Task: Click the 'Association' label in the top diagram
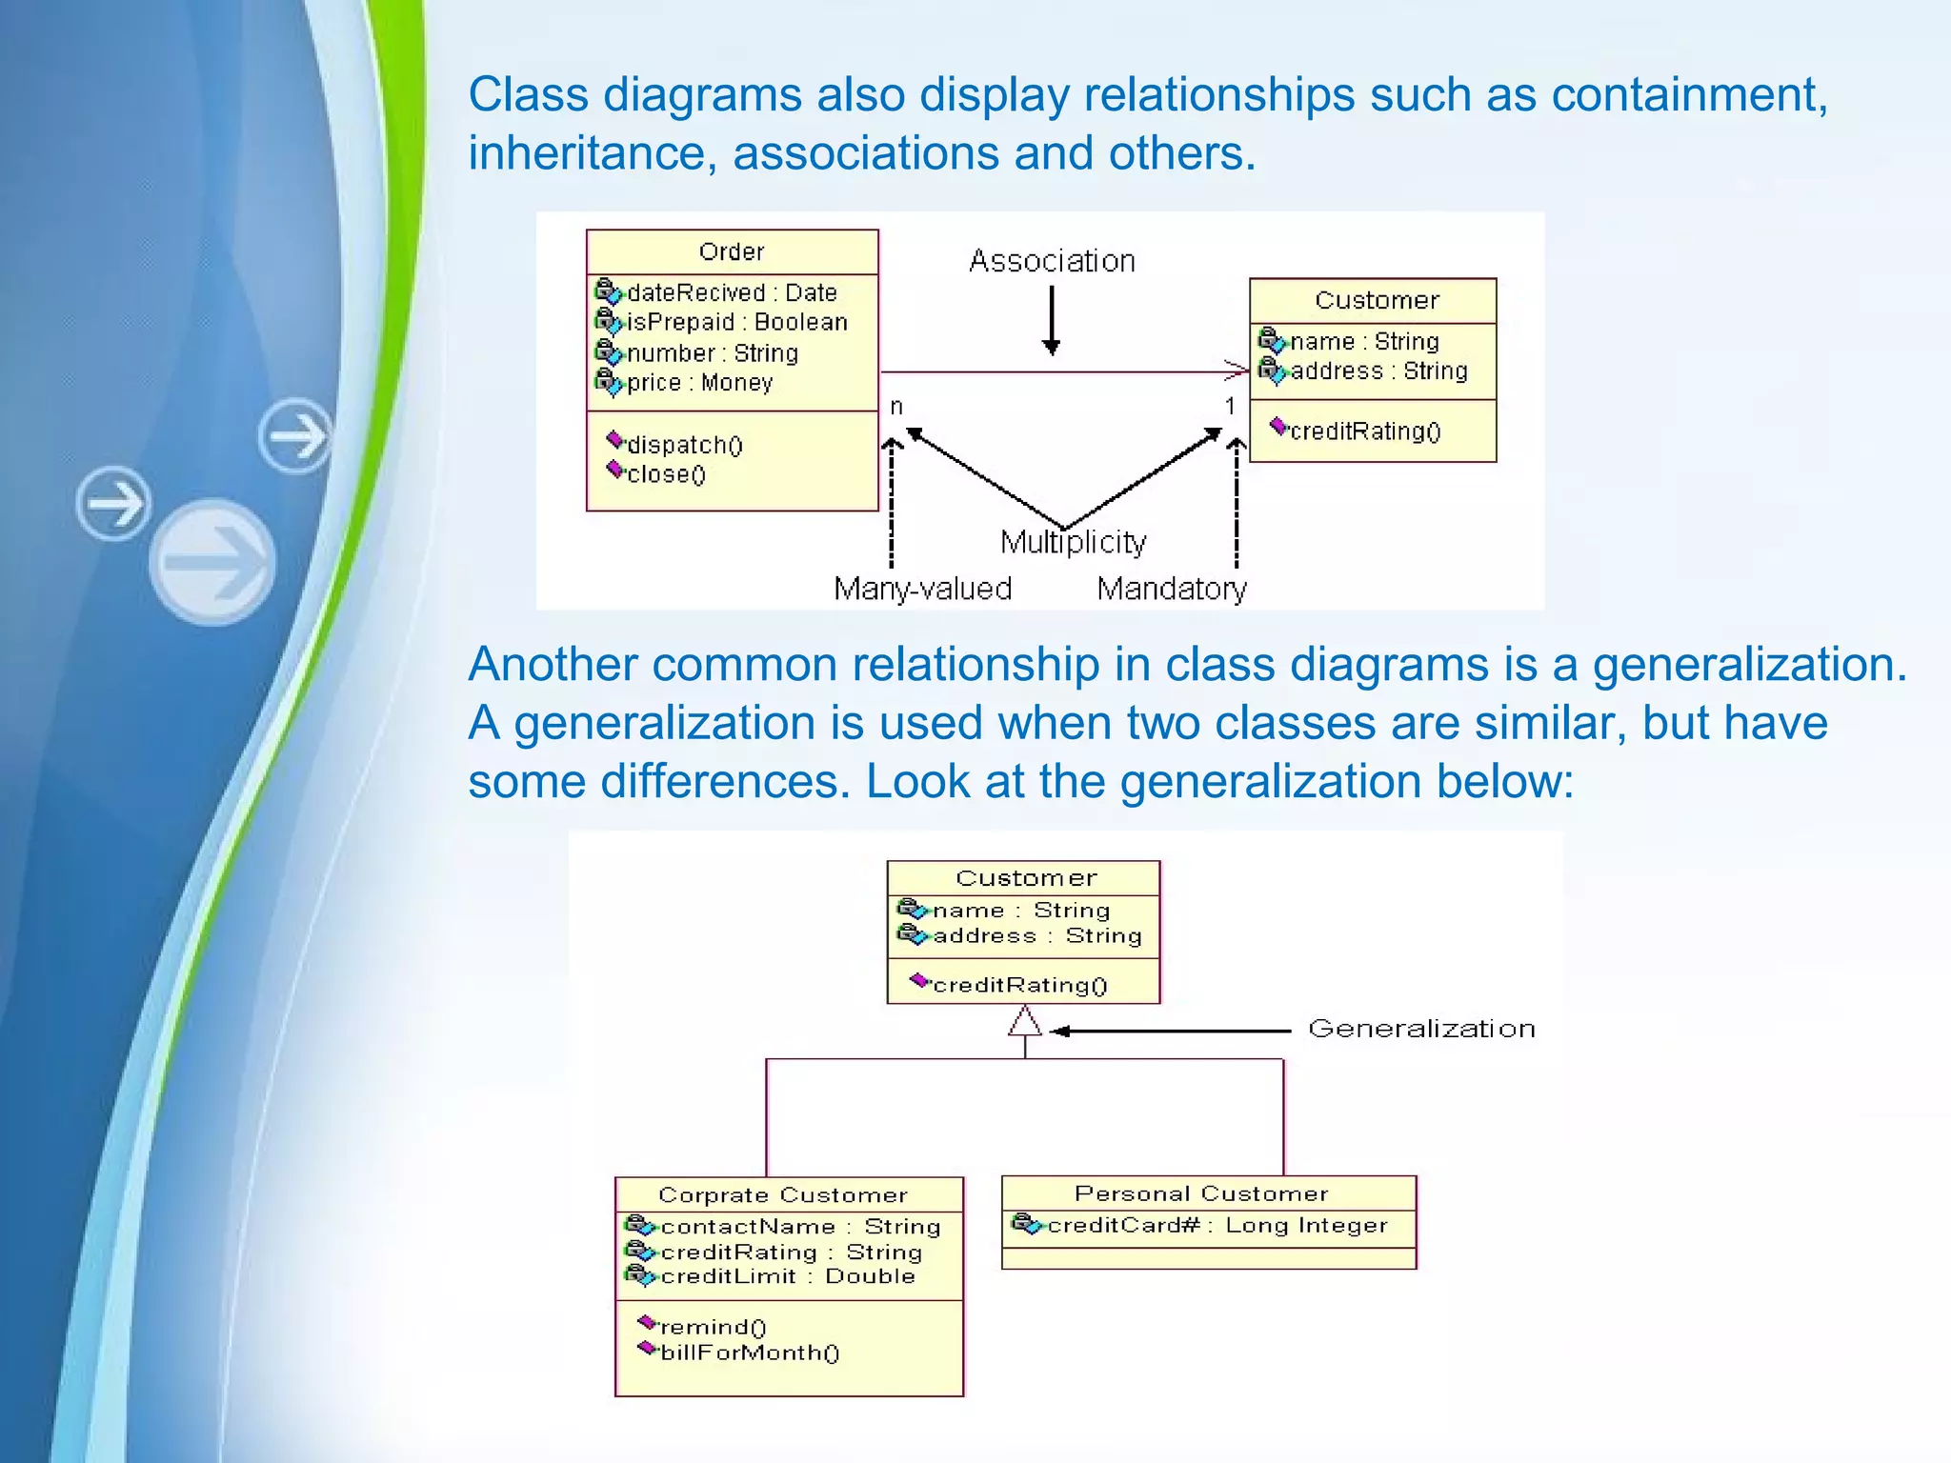pyautogui.click(x=1052, y=261)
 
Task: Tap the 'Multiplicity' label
pyautogui.click(x=1074, y=543)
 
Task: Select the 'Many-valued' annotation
pyautogui.click(x=922, y=590)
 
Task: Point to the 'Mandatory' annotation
pyautogui.click(x=1172, y=590)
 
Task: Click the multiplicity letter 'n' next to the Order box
pyautogui.click(x=896, y=408)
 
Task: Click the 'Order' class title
pyautogui.click(x=732, y=252)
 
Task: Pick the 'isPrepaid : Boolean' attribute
pyautogui.click(x=736, y=323)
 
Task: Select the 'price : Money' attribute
pyautogui.click(x=699, y=383)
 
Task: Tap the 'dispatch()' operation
pyautogui.click(x=684, y=445)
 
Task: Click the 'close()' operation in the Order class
pyautogui.click(x=666, y=474)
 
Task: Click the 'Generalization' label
pyautogui.click(x=1421, y=1030)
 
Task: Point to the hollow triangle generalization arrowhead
pyautogui.click(x=1025, y=1023)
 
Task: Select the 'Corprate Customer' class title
pyautogui.click(x=783, y=1195)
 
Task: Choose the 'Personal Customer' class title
pyautogui.click(x=1201, y=1194)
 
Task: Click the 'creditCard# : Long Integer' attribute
pyautogui.click(x=1217, y=1226)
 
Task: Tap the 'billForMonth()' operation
pyautogui.click(x=750, y=1353)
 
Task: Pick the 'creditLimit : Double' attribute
pyautogui.click(x=787, y=1277)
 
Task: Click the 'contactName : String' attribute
pyautogui.click(x=800, y=1228)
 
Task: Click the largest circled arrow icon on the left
pyautogui.click(x=213, y=562)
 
